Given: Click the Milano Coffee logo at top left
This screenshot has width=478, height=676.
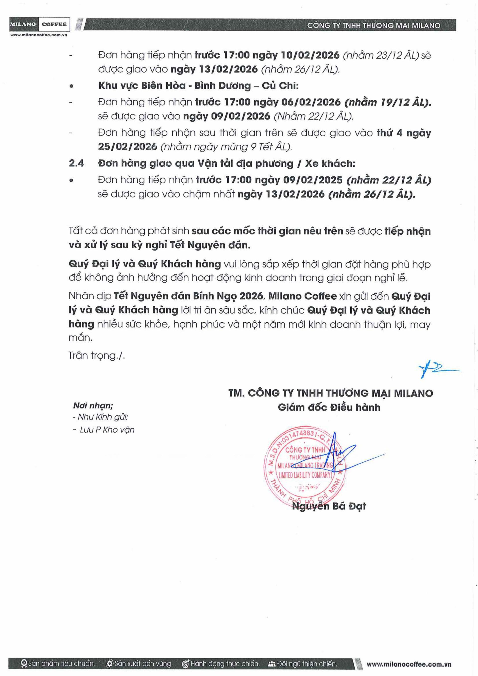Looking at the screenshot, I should click(39, 25).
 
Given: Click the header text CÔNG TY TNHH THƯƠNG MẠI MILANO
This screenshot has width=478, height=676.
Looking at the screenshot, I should click(373, 26).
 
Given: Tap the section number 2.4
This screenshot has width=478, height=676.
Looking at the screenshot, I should click(76, 163).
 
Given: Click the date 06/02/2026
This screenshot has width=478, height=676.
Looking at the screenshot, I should click(311, 102).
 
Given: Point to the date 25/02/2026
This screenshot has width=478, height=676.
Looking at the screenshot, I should click(127, 147).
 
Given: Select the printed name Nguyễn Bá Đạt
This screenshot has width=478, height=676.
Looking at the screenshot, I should click(329, 506).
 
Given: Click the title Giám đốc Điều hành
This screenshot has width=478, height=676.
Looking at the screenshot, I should click(329, 407).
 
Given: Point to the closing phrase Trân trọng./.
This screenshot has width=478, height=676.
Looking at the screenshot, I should click(97, 355).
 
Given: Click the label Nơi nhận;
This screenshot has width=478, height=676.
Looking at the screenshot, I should click(93, 406).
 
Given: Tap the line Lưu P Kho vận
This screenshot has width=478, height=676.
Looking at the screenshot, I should click(107, 430).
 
